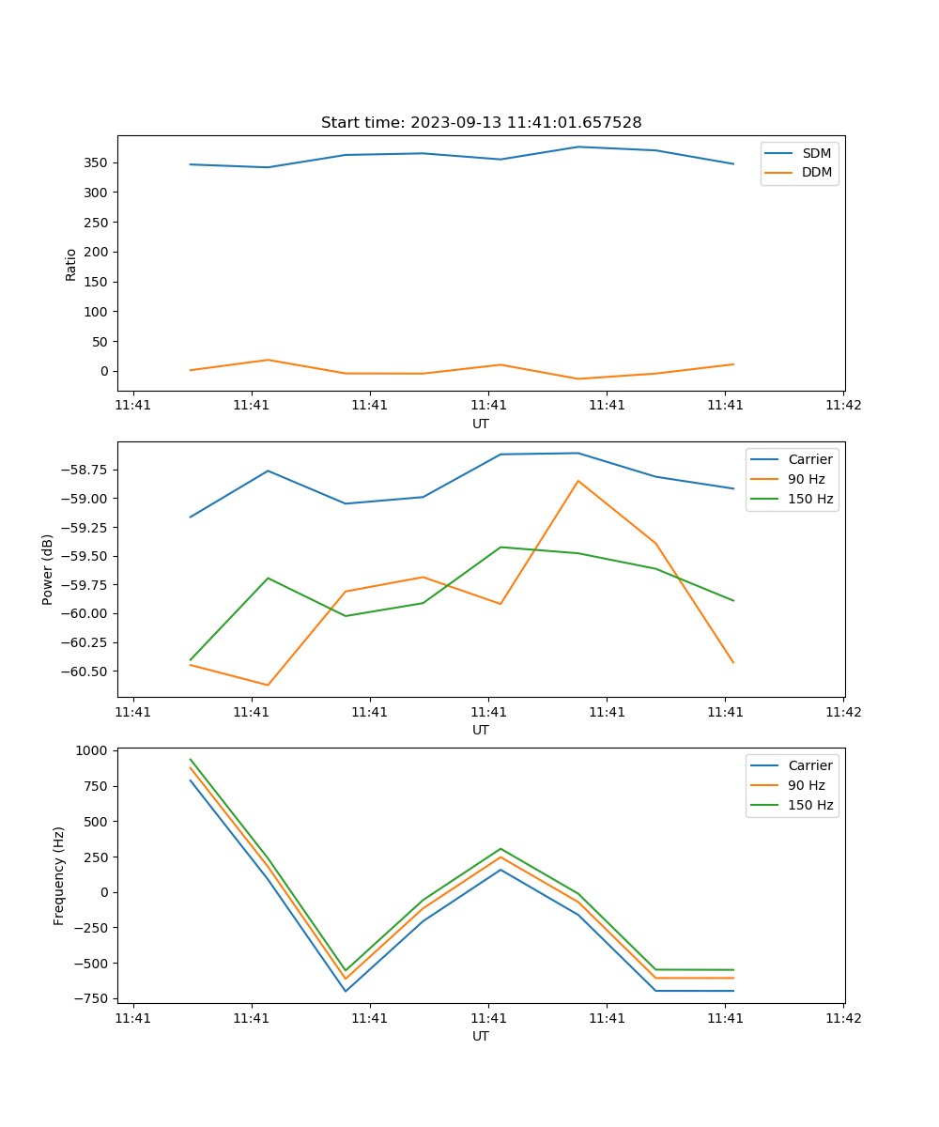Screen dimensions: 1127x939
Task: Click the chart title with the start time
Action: click(x=481, y=123)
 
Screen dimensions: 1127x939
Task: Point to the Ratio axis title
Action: click(x=71, y=264)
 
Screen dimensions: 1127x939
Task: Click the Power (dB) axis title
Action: click(x=48, y=569)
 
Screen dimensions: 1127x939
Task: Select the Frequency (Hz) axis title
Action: click(x=59, y=875)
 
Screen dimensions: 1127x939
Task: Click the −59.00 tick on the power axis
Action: click(x=85, y=498)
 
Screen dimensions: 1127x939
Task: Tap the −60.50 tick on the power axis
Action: click(x=85, y=672)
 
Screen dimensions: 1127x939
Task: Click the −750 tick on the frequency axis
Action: click(x=92, y=998)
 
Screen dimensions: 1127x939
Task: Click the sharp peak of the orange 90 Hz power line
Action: click(x=578, y=481)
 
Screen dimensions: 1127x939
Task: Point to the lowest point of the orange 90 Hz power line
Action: click(x=268, y=685)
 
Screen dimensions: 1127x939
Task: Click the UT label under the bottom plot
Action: click(x=481, y=1036)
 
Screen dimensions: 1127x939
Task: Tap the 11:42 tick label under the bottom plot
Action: click(x=842, y=1017)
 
